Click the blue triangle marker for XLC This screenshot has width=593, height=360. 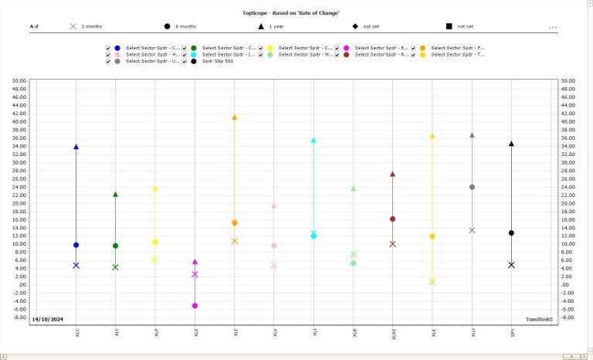click(76, 147)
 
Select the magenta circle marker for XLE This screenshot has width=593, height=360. click(195, 306)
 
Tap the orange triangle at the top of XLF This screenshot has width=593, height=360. click(234, 117)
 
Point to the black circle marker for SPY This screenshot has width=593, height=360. click(511, 233)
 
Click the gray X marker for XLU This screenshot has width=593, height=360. click(472, 230)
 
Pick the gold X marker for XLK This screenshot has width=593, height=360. click(432, 282)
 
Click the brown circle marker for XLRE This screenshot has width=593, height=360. click(392, 219)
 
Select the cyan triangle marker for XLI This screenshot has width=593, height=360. click(313, 141)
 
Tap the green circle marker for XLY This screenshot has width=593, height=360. click(115, 246)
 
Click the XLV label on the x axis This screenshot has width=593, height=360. click(274, 332)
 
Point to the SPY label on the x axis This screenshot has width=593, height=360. click(512, 332)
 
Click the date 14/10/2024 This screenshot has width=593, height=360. click(47, 319)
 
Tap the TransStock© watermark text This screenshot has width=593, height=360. click(539, 319)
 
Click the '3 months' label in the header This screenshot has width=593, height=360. click(91, 26)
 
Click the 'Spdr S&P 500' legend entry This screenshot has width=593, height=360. click(217, 61)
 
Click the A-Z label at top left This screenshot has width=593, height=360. click(35, 26)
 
